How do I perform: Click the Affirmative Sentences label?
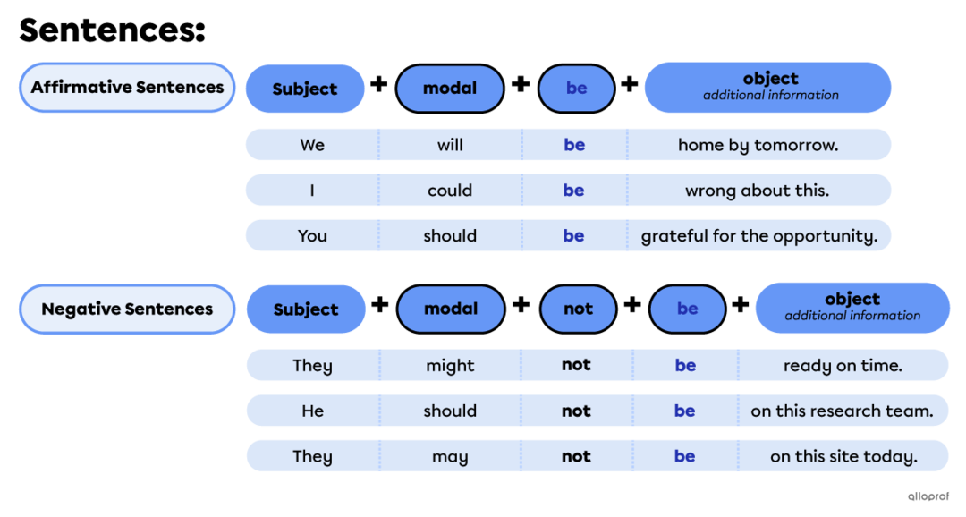pos(127,88)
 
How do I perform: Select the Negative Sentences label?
pos(127,309)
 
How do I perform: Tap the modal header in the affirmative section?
pos(450,89)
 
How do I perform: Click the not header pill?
pos(578,309)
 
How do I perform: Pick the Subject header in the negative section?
pos(306,309)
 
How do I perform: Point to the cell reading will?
pos(450,145)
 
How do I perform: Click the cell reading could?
pos(450,191)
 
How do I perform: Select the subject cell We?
pos(312,145)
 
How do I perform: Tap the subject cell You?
pos(312,236)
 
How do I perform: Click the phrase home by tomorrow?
pos(758,145)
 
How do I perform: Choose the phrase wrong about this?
pos(758,191)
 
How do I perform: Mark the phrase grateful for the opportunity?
pos(759,236)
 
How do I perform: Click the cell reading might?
pos(450,366)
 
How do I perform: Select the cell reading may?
pos(450,456)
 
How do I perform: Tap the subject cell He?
pos(312,411)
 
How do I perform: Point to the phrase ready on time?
pos(843,366)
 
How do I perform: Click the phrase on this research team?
pos(843,411)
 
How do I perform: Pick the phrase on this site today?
pos(843,456)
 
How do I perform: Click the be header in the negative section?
pos(687,309)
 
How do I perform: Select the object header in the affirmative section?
pos(769,86)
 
